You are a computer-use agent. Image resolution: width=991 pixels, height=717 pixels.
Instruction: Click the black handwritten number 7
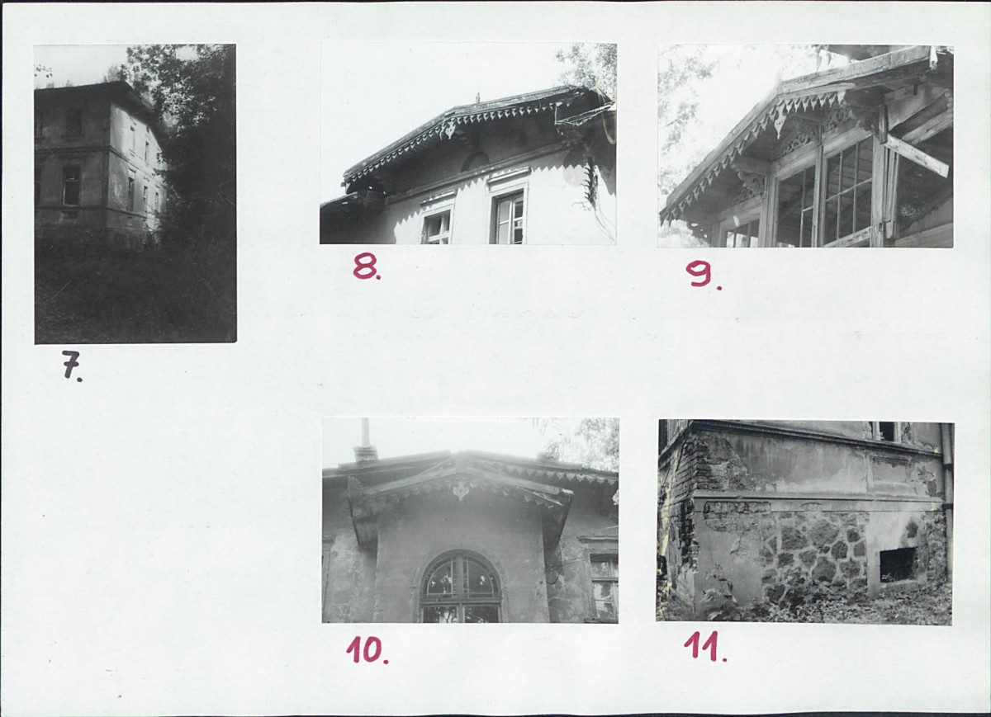coord(72,366)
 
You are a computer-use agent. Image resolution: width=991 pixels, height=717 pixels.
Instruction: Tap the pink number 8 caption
coord(367,267)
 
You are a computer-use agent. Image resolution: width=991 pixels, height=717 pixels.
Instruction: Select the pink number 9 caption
coord(703,275)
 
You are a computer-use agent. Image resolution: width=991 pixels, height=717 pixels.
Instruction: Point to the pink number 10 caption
coord(367,650)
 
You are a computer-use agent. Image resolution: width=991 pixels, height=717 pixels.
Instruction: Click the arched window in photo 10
coord(461,587)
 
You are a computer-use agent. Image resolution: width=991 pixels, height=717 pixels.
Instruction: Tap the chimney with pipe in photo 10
coord(365,441)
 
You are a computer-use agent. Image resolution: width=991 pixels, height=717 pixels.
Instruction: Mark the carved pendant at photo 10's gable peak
coord(461,490)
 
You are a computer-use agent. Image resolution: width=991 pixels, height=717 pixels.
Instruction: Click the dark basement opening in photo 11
coord(897,564)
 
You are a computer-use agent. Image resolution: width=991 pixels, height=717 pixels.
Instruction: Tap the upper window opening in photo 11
coord(886,432)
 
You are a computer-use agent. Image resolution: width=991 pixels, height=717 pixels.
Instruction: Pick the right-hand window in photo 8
coord(510,218)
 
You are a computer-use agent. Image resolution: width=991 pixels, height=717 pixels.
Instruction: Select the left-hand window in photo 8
coord(438,226)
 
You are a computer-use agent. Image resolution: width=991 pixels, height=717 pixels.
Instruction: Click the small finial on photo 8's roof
coord(478,97)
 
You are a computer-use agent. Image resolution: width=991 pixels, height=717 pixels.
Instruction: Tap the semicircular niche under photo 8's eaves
coord(476,162)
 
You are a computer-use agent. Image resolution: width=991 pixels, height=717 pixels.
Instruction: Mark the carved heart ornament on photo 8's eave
coord(450,130)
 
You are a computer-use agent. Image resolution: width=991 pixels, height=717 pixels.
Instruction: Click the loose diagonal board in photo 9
coord(916,155)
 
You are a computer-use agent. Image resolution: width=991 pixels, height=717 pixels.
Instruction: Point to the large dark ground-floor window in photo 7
coord(71,185)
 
